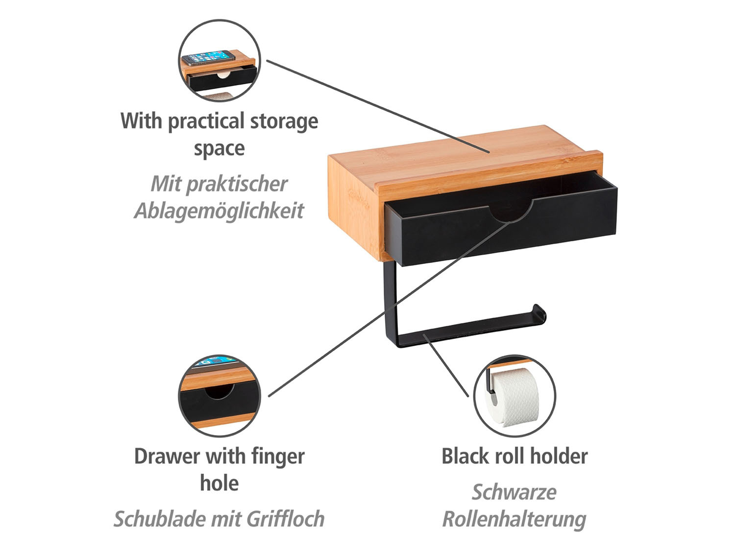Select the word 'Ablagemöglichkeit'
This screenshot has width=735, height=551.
pyautogui.click(x=219, y=211)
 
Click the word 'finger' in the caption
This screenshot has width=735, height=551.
pyautogui.click(x=278, y=456)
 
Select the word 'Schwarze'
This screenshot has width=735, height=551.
pyautogui.click(x=514, y=492)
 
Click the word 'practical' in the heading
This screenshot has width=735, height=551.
pyautogui.click(x=206, y=121)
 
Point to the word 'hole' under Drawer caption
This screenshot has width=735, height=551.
pyautogui.click(x=219, y=483)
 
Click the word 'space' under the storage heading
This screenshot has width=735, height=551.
pyautogui.click(x=219, y=148)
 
